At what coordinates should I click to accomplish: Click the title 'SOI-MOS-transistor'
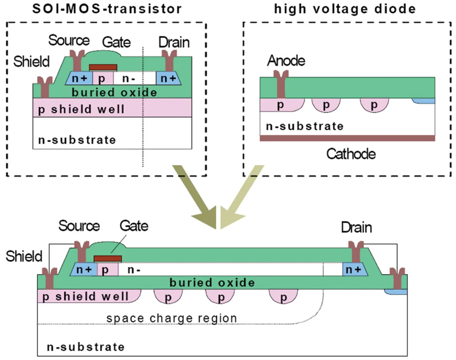tap(107, 9)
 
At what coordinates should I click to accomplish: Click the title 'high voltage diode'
tap(344, 9)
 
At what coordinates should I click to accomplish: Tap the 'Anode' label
tap(286, 61)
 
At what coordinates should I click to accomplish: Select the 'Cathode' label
tap(351, 154)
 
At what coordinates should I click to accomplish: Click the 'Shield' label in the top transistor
tap(31, 62)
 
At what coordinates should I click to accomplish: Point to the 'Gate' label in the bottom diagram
tap(134, 226)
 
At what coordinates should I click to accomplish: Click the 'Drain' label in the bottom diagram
tap(356, 227)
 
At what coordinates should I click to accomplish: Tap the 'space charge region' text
tap(171, 318)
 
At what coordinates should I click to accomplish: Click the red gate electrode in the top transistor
tap(103, 67)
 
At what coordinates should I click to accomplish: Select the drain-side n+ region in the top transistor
tap(168, 78)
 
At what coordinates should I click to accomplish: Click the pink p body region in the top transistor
tap(103, 78)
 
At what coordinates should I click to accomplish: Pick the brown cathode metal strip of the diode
tap(347, 138)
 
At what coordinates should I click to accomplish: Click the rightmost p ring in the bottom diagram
tap(283, 297)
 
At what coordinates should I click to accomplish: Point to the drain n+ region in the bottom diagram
tap(353, 269)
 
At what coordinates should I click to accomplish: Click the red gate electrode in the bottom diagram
tap(108, 259)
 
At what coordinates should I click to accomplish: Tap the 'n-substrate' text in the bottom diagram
tap(86, 346)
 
